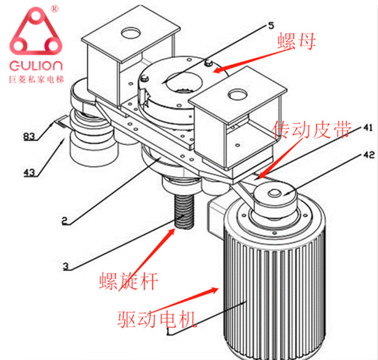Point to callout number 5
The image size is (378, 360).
(x=270, y=26)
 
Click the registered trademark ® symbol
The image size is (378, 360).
(x=55, y=9)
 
